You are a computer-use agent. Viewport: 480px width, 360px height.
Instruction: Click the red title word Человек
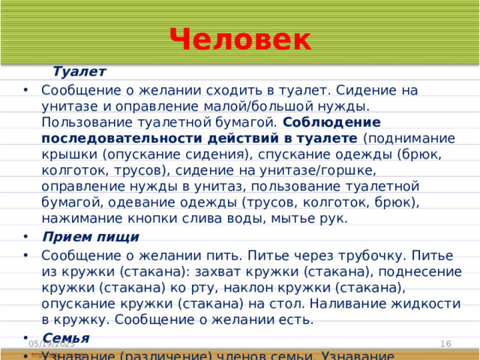pyautogui.click(x=240, y=39)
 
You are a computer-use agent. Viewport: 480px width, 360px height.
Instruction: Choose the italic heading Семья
pyautogui.click(x=66, y=337)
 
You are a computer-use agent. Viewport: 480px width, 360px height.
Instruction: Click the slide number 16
pyautogui.click(x=445, y=343)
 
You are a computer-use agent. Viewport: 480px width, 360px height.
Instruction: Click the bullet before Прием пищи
pyautogui.click(x=26, y=238)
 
